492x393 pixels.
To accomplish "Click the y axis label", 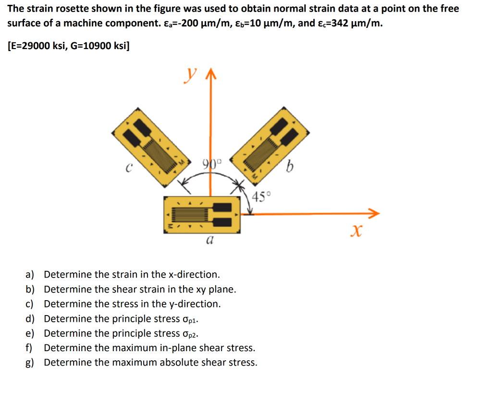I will click(192, 75).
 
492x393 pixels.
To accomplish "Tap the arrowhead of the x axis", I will click(374, 213).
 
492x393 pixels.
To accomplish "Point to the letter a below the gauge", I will click(209, 239).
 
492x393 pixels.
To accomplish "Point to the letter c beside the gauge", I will click(128, 168).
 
